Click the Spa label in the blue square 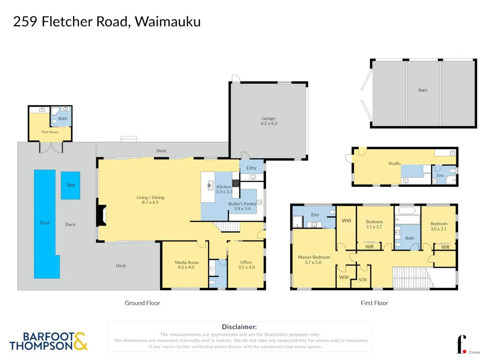point(70,185)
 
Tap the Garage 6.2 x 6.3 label point(269,121)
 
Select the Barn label point(423,90)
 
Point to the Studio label point(394,163)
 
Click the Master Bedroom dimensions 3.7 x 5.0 point(313,262)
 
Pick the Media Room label point(187,262)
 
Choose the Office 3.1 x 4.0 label point(246,264)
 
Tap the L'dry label point(251,168)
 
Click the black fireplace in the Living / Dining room point(102,215)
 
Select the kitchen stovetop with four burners point(235,183)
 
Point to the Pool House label point(50,132)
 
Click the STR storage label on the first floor point(363,280)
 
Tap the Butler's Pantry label point(242,204)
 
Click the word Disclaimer point(239,327)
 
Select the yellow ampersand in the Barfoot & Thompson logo point(81,341)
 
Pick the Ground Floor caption point(142,303)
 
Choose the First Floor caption point(374,303)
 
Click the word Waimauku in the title point(168,22)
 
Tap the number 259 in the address point(25,22)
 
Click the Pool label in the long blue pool point(45,223)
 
